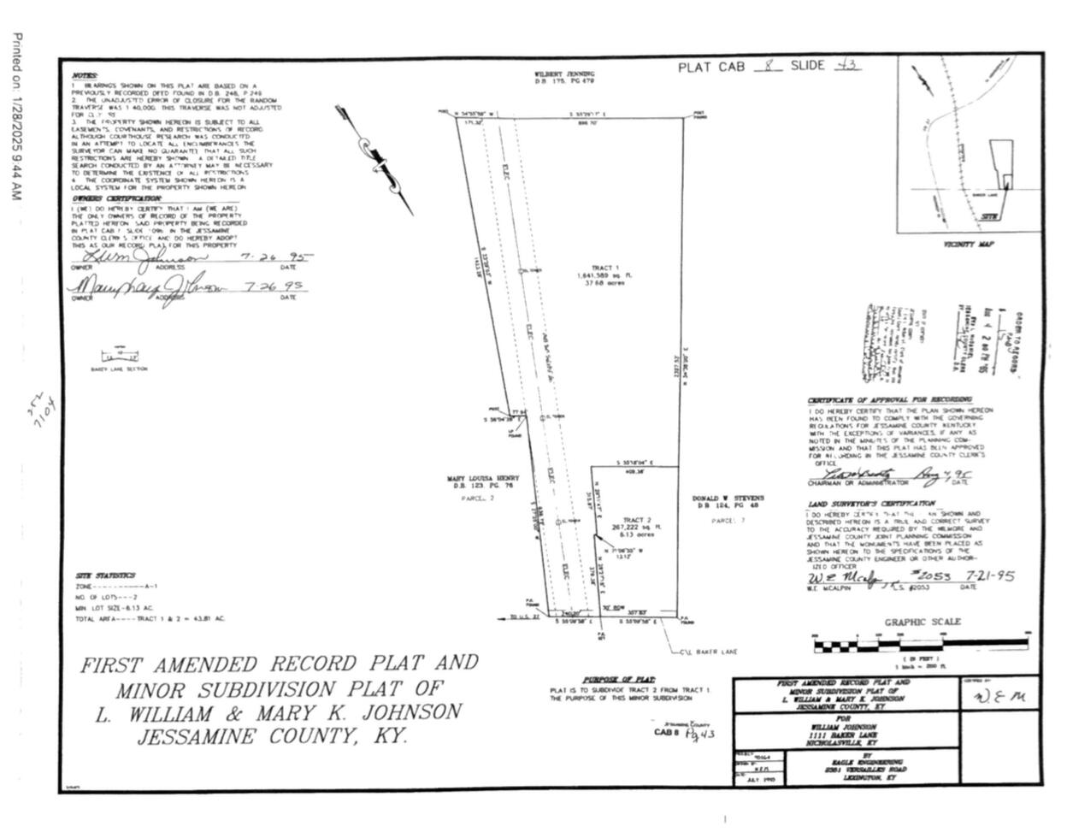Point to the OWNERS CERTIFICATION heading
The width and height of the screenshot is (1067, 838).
(x=116, y=199)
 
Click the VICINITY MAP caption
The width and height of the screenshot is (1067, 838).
(x=969, y=245)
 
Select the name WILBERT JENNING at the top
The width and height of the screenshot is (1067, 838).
(x=564, y=74)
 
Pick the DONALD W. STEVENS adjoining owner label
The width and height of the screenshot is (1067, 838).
(x=728, y=499)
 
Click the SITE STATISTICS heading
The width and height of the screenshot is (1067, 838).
(x=105, y=575)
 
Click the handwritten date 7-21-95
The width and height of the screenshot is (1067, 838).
(x=988, y=576)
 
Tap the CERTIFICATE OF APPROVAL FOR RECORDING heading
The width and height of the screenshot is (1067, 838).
(x=889, y=400)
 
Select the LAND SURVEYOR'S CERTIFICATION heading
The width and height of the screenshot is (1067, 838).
(x=871, y=505)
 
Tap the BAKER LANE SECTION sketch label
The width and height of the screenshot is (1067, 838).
(x=119, y=369)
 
